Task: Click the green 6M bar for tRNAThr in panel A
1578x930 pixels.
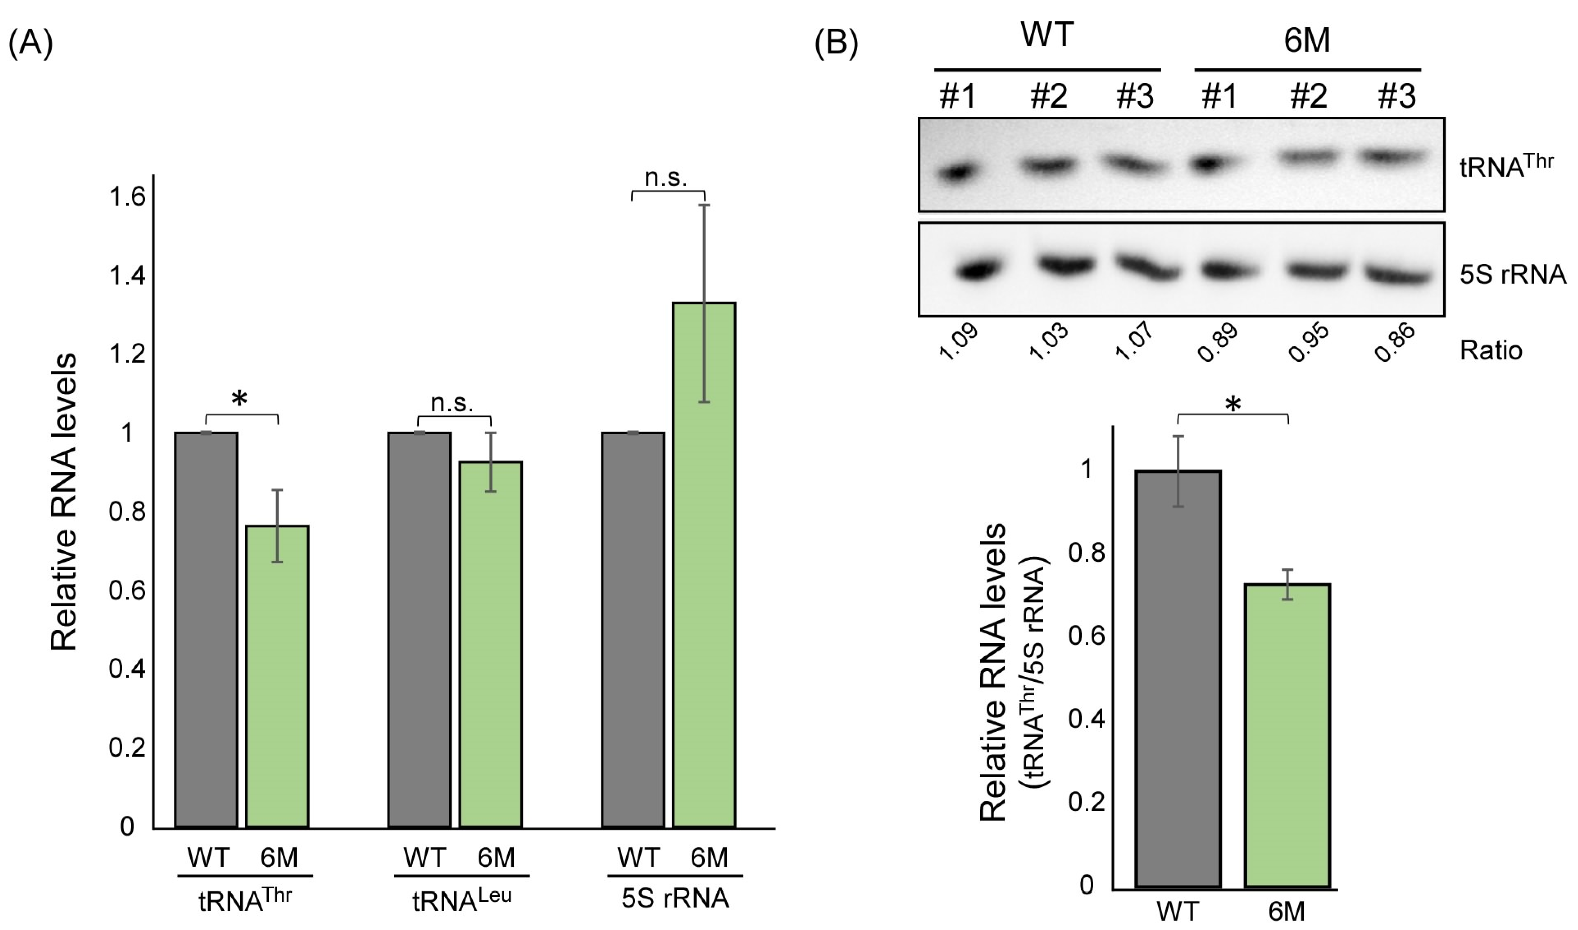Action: click(277, 677)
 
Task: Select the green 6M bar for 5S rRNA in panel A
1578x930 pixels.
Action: click(704, 564)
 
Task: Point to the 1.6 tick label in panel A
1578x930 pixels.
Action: click(127, 197)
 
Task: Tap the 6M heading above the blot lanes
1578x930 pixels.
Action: click(1307, 41)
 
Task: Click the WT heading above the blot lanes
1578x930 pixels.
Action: click(1047, 34)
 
